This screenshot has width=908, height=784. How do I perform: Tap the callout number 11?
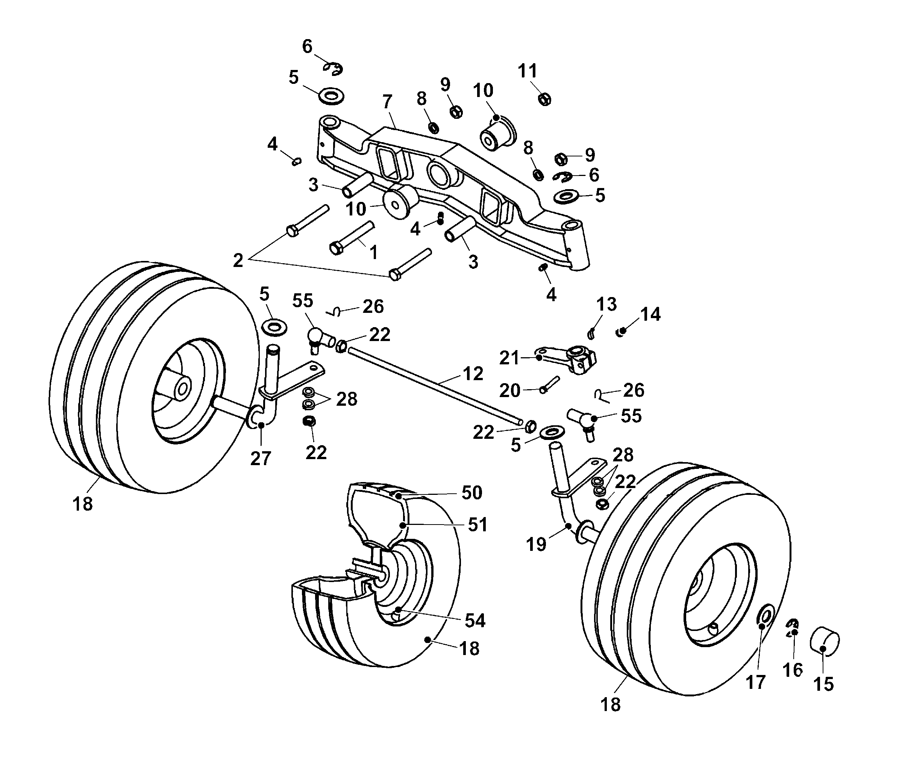[x=527, y=71]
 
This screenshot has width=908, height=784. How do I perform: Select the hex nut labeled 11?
[x=544, y=100]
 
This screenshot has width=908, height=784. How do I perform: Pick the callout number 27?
[x=261, y=458]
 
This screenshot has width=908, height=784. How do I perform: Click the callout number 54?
[x=475, y=620]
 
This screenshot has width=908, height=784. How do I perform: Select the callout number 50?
[x=472, y=493]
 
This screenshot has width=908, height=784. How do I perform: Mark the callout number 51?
[x=477, y=525]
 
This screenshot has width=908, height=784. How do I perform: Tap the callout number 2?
[x=238, y=261]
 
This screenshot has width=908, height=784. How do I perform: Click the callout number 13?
[x=606, y=304]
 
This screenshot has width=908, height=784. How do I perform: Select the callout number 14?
[x=650, y=314]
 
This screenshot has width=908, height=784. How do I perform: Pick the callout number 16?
[x=793, y=670]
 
